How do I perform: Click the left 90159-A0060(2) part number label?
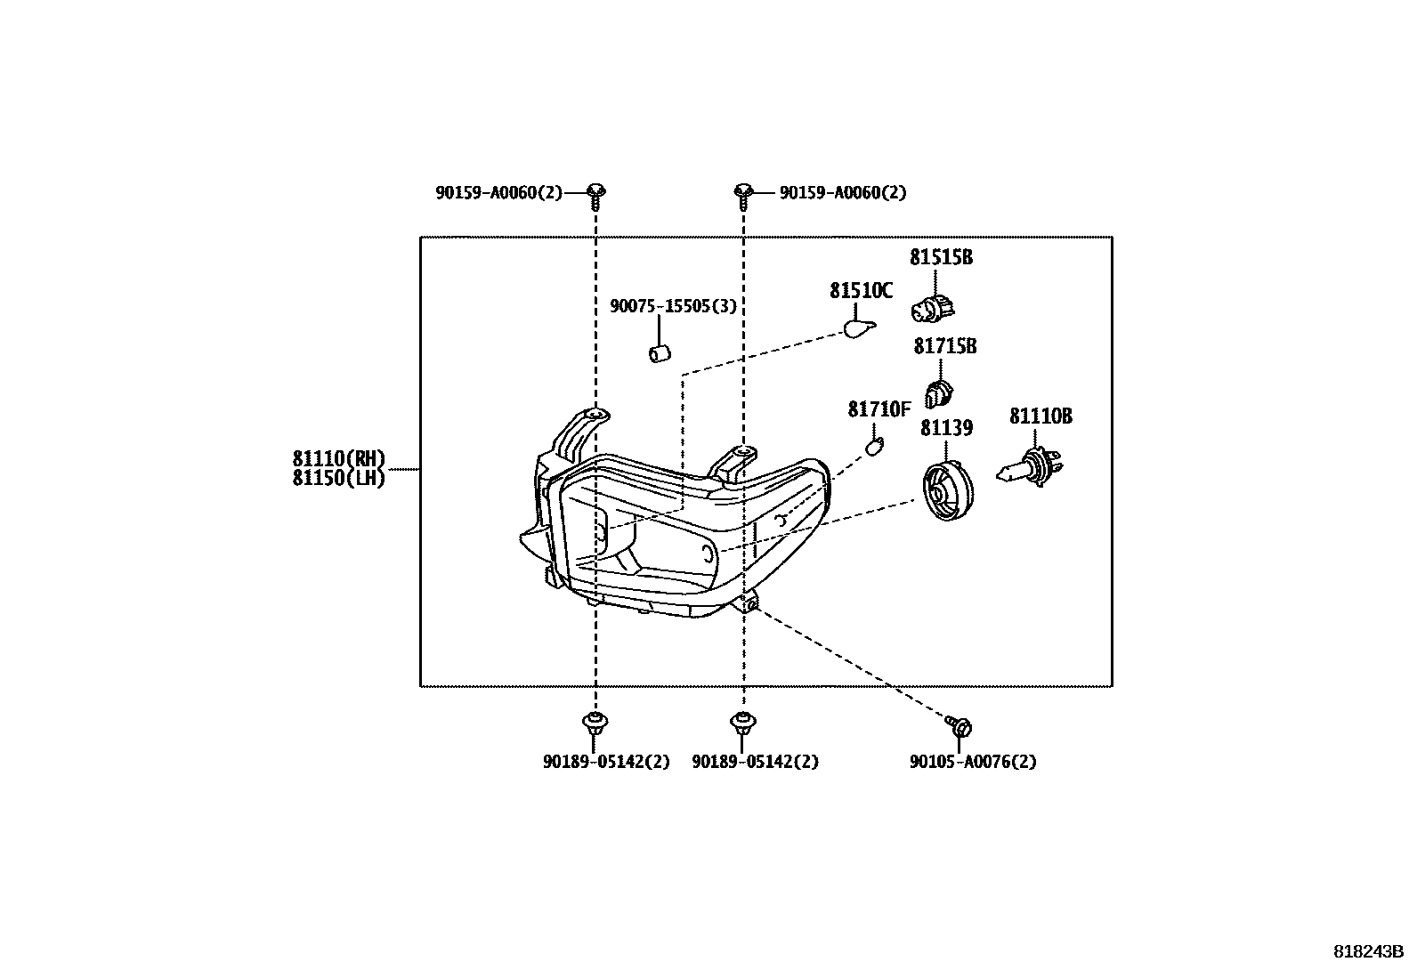tap(499, 192)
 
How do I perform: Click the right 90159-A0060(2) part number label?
tap(843, 192)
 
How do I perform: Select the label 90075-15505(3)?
tap(673, 306)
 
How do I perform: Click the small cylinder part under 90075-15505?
tap(660, 353)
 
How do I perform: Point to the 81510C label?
tap(861, 290)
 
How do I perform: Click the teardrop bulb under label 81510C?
tap(860, 329)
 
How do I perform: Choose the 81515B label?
tap(942, 257)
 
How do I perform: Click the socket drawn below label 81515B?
tap(933, 308)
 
